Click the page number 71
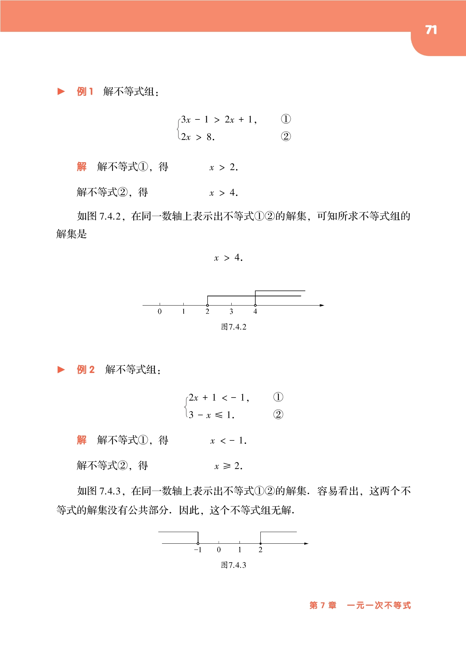point(431,30)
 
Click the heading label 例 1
point(85,92)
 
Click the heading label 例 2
point(86,370)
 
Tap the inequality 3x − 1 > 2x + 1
point(219,119)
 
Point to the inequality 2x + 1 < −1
point(219,398)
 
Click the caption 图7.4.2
point(234,327)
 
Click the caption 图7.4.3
point(234,565)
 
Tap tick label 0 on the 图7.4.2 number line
point(160,311)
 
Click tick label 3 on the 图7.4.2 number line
point(231,311)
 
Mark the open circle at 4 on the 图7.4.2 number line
point(255,305)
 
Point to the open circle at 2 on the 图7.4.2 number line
point(207,305)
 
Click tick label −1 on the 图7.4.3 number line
point(198,550)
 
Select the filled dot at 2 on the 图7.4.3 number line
point(260,543)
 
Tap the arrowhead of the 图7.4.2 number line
point(322,305)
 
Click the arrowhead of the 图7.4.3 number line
point(306,543)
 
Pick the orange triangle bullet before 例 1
point(61,91)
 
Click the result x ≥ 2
point(228,466)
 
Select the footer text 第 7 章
point(323,605)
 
